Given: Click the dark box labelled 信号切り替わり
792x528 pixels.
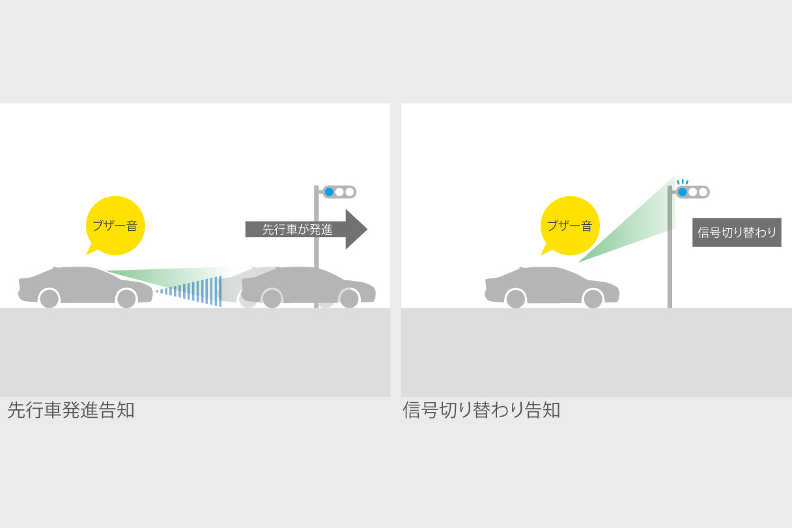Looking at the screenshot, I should (x=736, y=233).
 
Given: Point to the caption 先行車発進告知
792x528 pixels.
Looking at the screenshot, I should (x=71, y=411).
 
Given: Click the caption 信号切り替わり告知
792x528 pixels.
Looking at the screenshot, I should (x=481, y=411).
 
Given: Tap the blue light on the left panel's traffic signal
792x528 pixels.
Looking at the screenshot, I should (x=329, y=192).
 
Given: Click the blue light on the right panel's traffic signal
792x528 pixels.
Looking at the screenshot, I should (x=682, y=192).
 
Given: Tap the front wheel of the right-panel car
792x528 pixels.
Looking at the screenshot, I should (x=593, y=299).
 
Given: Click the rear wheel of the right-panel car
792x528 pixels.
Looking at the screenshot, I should (x=515, y=299).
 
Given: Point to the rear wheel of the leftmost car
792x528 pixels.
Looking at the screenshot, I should (x=49, y=299).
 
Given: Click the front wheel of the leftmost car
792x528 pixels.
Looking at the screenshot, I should (x=126, y=299).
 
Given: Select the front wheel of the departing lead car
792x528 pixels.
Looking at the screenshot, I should (x=349, y=299).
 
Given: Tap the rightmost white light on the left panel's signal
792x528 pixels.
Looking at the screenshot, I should (x=350, y=192).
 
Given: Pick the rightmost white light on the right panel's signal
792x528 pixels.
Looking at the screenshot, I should (x=703, y=192).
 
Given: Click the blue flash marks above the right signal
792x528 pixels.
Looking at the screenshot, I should (x=682, y=182).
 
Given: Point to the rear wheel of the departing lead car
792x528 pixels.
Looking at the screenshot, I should (x=272, y=299).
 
